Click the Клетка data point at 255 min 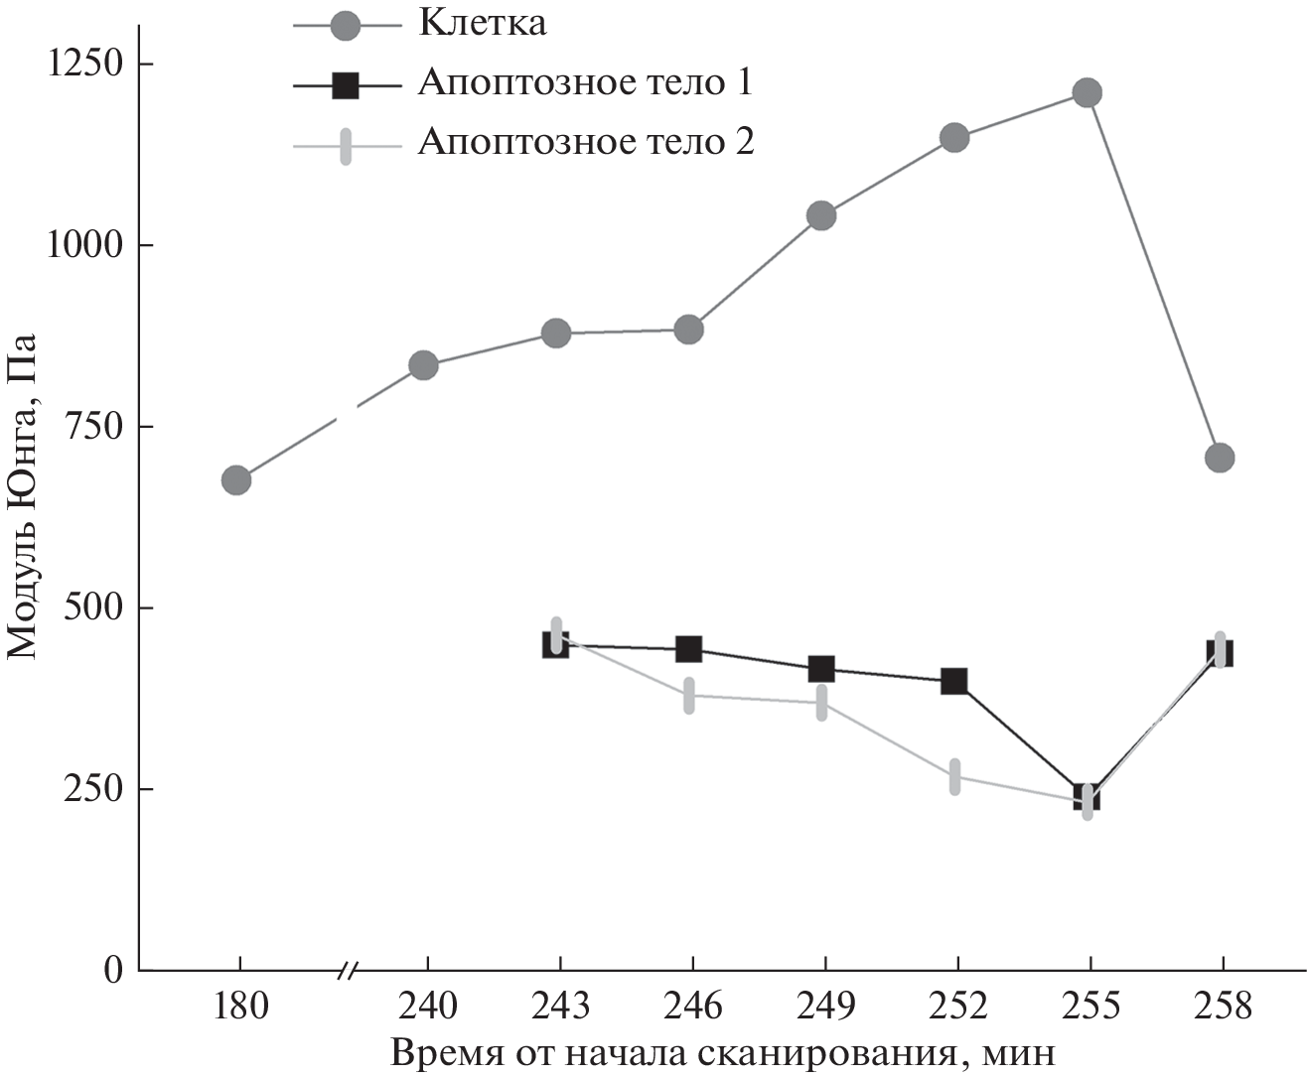point(1088,93)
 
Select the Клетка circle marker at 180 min point(235,480)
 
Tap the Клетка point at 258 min point(1220,458)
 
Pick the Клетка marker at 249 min point(821,215)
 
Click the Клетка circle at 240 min point(423,365)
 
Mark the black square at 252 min point(954,681)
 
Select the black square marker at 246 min point(689,649)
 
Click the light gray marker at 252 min point(954,776)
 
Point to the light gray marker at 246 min point(689,695)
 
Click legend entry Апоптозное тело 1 point(585,83)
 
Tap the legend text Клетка point(482,24)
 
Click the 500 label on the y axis point(93,607)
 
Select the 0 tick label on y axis point(113,970)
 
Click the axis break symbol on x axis point(348,971)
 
